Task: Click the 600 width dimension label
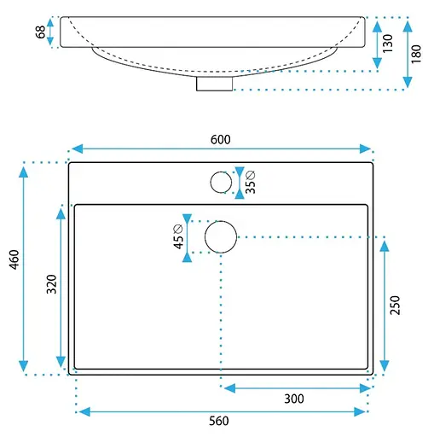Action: tap(221, 140)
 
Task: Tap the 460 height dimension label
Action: tap(14, 259)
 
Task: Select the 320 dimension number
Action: tap(52, 284)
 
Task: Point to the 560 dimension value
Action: tap(219, 421)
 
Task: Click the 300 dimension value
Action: tap(294, 399)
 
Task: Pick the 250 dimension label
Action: tap(395, 305)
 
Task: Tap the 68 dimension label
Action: tap(41, 32)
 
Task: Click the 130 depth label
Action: tap(388, 44)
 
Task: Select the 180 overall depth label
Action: tap(416, 54)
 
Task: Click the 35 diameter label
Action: tap(251, 182)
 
